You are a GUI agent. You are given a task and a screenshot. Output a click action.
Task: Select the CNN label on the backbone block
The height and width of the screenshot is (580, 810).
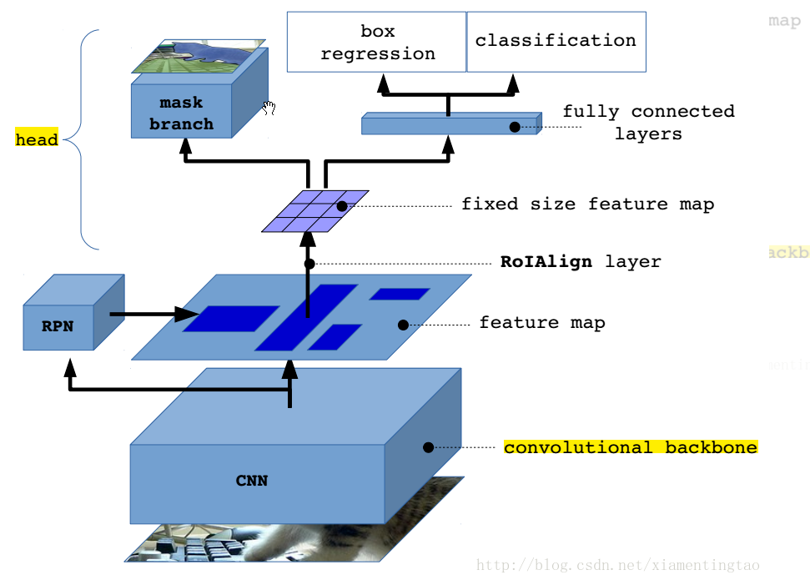[251, 480]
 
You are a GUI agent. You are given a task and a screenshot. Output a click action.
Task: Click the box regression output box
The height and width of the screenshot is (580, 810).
[377, 42]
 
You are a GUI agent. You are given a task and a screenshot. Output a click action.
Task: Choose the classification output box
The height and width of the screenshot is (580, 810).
[556, 41]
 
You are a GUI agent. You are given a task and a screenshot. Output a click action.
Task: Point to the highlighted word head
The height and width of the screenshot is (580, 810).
[37, 140]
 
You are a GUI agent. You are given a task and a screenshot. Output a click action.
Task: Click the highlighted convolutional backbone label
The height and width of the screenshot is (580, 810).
[630, 447]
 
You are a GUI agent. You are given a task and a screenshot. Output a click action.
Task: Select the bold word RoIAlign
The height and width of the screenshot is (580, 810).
[546, 261]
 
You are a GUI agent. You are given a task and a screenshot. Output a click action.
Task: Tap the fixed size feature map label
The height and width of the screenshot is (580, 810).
[587, 204]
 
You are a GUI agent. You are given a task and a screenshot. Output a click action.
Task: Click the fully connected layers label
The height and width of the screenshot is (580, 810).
[647, 122]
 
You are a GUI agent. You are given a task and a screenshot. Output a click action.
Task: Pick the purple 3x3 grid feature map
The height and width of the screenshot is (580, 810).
[315, 212]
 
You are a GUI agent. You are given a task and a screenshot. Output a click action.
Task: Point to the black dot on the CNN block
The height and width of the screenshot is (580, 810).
[428, 447]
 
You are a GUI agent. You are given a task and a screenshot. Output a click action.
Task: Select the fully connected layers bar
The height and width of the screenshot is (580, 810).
[449, 126]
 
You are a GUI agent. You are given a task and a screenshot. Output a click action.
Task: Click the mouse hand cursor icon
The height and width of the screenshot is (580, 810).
[269, 107]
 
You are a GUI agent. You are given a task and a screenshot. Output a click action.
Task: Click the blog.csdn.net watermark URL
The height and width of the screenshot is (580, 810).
[617, 566]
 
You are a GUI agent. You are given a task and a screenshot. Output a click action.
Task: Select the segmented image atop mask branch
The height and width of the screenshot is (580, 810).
[199, 57]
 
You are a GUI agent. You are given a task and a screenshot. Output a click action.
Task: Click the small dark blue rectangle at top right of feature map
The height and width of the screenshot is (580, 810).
[400, 294]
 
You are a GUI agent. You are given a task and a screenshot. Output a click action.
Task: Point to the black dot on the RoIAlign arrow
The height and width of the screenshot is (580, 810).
[309, 264]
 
